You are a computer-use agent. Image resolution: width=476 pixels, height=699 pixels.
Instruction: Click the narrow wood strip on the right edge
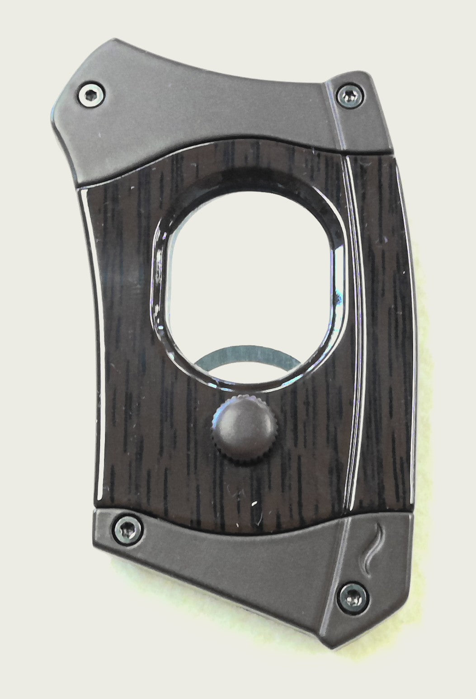click(384, 317)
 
